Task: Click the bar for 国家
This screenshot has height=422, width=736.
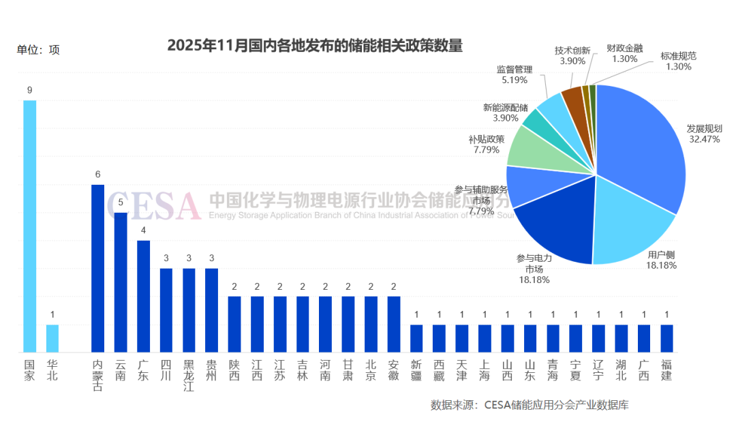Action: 29,226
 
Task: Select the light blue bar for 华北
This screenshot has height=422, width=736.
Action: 52,338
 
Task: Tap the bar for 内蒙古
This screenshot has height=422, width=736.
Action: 98,268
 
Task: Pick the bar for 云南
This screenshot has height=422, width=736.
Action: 121,282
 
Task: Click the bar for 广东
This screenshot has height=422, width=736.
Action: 143,296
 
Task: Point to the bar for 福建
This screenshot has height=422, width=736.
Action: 666,338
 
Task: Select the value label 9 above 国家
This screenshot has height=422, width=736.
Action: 29,90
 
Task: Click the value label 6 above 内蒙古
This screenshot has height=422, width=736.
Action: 98,175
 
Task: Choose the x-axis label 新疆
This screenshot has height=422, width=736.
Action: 416,369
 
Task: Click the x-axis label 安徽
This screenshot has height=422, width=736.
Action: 393,369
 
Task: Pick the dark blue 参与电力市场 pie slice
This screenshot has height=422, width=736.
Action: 559,232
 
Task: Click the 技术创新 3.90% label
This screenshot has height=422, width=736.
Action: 572,55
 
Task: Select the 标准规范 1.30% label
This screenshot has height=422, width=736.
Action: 678,61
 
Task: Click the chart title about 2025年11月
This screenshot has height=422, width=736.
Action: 315,46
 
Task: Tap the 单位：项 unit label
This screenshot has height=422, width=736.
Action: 38,50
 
